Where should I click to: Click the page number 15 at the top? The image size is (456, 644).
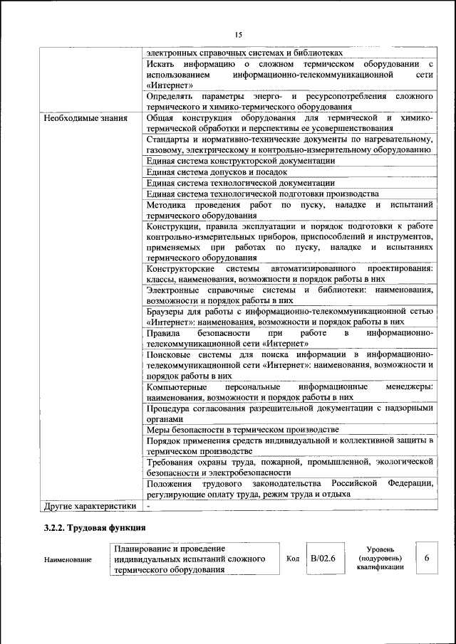click(238, 35)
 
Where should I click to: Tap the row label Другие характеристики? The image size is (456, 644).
click(88, 505)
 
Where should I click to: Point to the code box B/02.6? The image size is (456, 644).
click(322, 559)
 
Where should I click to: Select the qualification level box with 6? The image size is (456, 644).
click(427, 559)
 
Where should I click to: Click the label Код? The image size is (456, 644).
click(292, 559)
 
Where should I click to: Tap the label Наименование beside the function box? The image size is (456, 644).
click(68, 560)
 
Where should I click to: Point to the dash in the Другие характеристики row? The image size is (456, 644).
click(149, 505)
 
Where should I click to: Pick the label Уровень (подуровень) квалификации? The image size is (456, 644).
click(381, 559)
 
